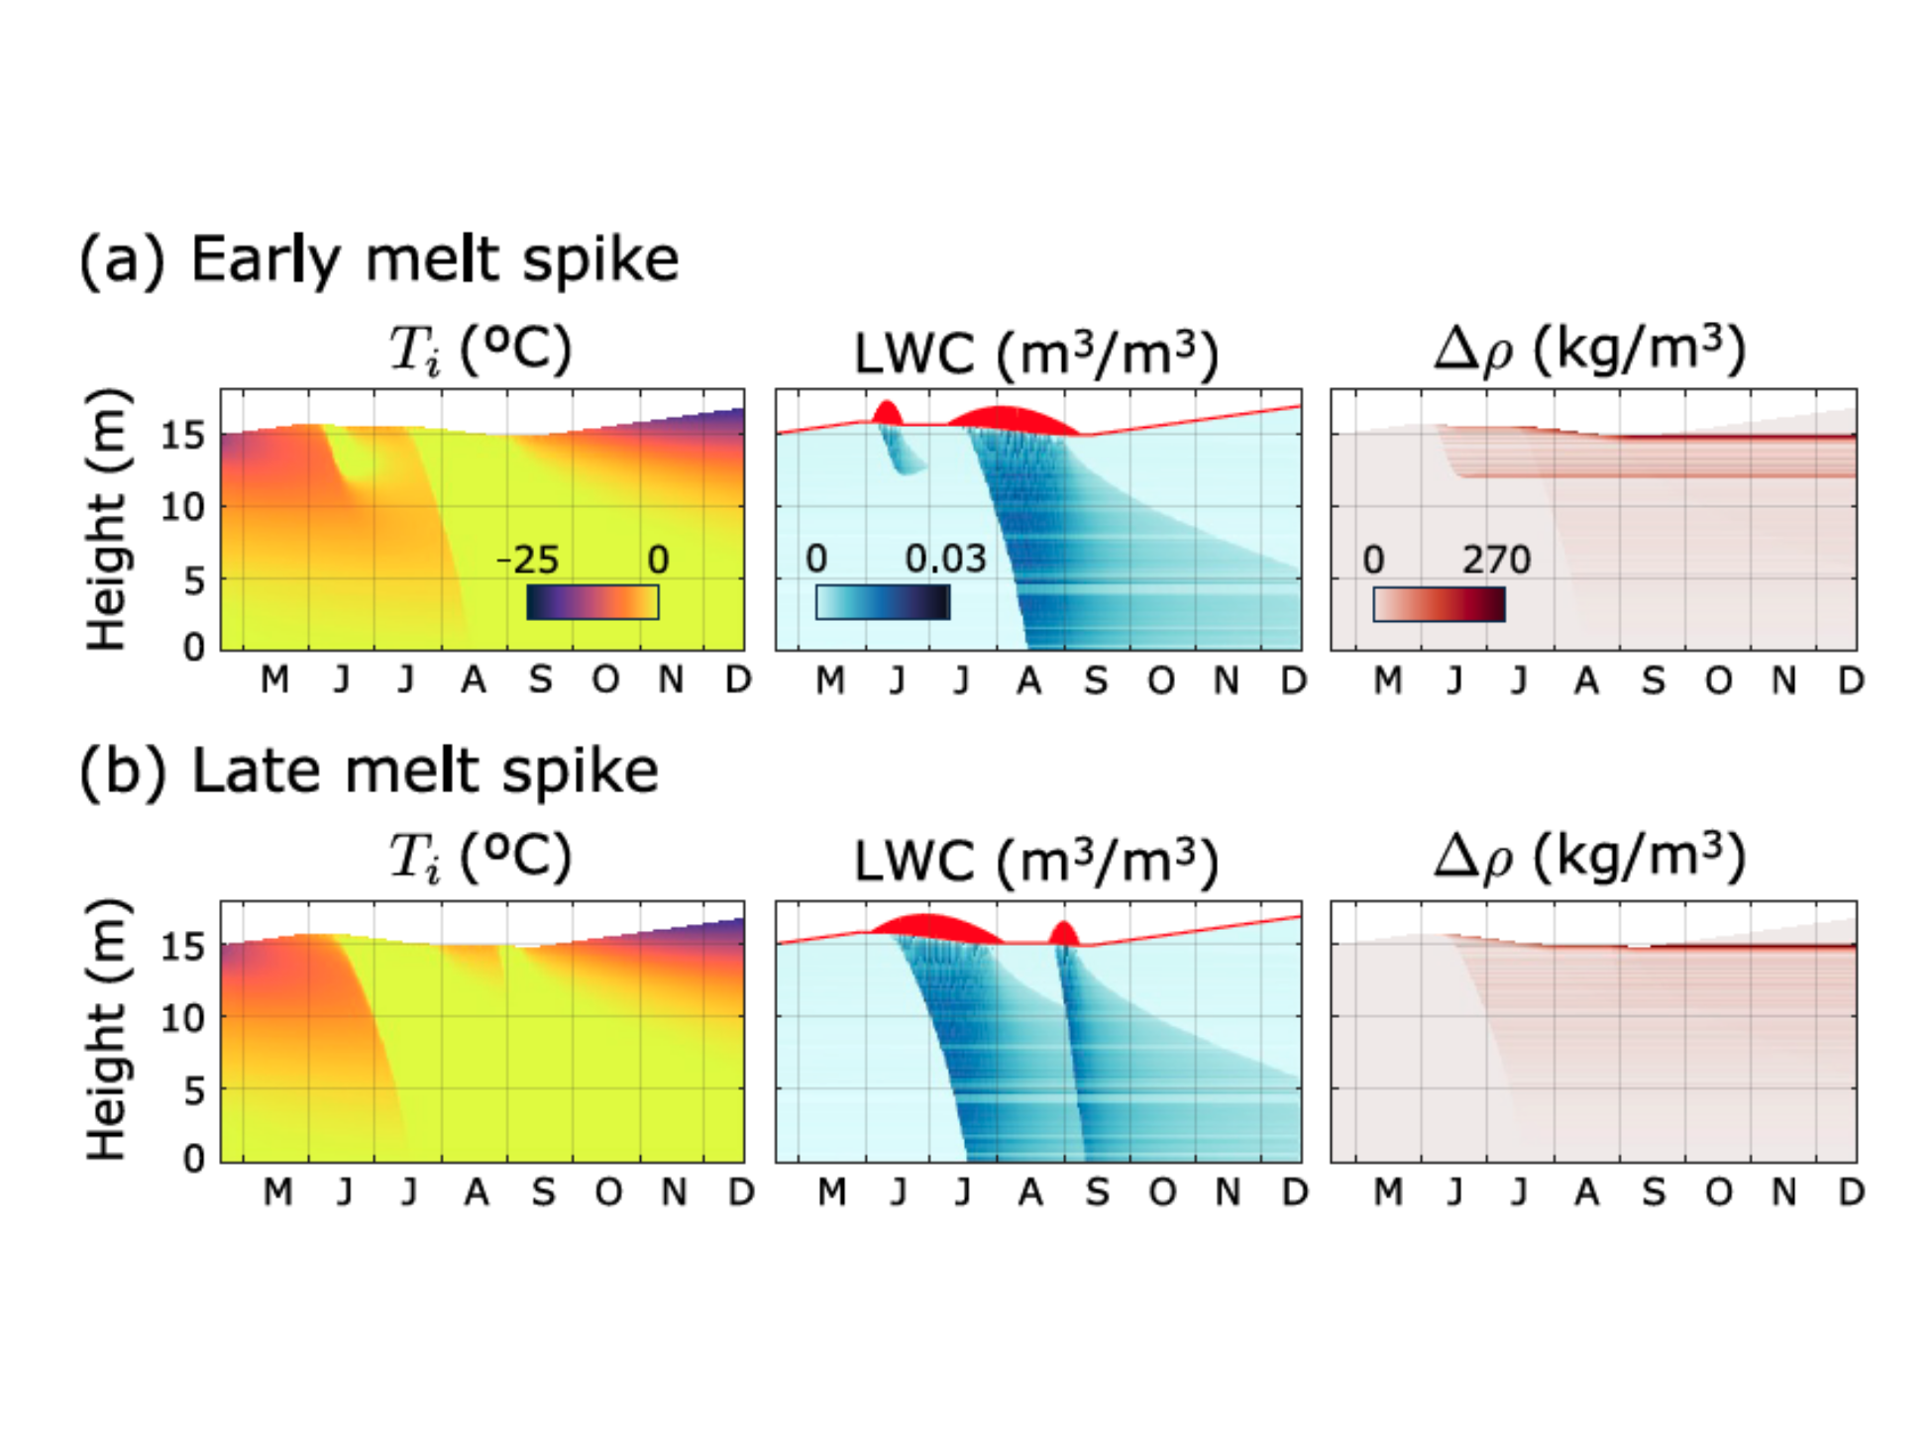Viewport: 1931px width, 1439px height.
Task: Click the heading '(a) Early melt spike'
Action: point(379,260)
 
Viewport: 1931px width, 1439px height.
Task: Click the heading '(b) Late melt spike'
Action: point(369,771)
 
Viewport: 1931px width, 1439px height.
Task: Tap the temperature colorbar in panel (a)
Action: point(592,602)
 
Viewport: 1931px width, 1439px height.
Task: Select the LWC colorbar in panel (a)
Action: point(883,602)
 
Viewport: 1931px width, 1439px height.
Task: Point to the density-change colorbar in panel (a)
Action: point(1439,604)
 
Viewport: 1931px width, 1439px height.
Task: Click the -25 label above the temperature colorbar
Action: point(529,561)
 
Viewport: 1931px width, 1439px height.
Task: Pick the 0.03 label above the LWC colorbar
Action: point(945,560)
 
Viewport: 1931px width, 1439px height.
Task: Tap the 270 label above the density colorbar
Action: point(1496,561)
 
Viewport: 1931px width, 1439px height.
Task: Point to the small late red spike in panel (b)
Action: point(1063,934)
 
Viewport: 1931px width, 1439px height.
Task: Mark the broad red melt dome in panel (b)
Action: point(935,928)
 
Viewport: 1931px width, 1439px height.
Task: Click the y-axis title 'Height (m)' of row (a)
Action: point(106,519)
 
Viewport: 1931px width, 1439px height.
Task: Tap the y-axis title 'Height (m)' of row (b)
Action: point(106,1030)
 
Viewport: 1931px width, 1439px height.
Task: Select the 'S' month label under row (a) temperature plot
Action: point(540,680)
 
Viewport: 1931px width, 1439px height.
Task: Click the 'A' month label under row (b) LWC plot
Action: point(1030,1192)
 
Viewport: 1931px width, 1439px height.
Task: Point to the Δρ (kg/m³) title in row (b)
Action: point(1590,857)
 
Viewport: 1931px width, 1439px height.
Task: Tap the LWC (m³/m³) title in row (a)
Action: point(1035,354)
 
